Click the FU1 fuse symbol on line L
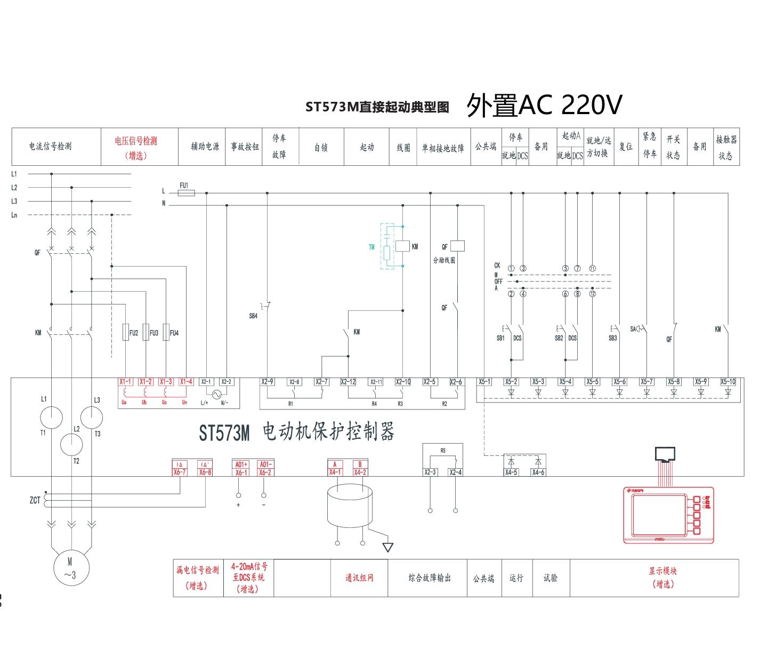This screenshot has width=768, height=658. pos(185,193)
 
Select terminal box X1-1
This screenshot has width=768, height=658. pos(125,382)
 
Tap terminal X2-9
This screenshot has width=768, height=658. pos(268,382)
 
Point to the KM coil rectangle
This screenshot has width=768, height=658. pos(402,246)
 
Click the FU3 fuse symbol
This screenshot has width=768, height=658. pos(145,333)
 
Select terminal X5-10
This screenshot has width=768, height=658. pos(727,382)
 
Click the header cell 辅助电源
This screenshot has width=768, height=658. pos(205,147)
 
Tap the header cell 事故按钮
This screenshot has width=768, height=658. pos(244,147)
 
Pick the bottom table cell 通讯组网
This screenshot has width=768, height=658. pos(359,578)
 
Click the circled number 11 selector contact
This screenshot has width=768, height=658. pos(592,268)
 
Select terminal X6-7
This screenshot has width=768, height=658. pos(180,472)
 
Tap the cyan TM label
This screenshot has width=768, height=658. pos(371,247)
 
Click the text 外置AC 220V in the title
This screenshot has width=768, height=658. pos(544,106)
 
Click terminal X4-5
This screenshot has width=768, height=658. pos(511,472)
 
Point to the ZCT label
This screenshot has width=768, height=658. pos(35,500)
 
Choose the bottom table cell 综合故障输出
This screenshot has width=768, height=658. pos(430,578)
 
